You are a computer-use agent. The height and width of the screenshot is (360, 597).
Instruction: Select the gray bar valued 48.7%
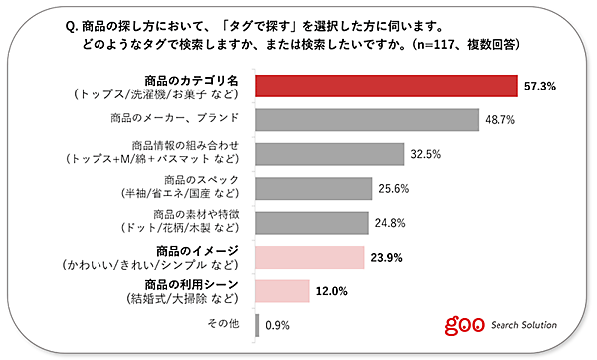[363, 120]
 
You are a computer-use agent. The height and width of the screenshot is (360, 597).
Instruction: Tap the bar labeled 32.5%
[329, 154]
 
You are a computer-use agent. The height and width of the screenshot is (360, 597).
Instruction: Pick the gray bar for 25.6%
[314, 188]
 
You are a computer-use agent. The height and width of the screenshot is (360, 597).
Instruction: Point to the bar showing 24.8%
[312, 222]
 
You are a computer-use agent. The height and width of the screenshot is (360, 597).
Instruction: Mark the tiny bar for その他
[257, 324]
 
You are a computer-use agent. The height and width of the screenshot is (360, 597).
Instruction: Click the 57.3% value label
[537, 88]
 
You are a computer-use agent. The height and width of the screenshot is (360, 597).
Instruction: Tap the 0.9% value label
[278, 324]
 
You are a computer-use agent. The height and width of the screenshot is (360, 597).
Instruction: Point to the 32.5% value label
[425, 155]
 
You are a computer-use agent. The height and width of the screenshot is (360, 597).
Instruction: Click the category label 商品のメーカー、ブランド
[178, 120]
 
